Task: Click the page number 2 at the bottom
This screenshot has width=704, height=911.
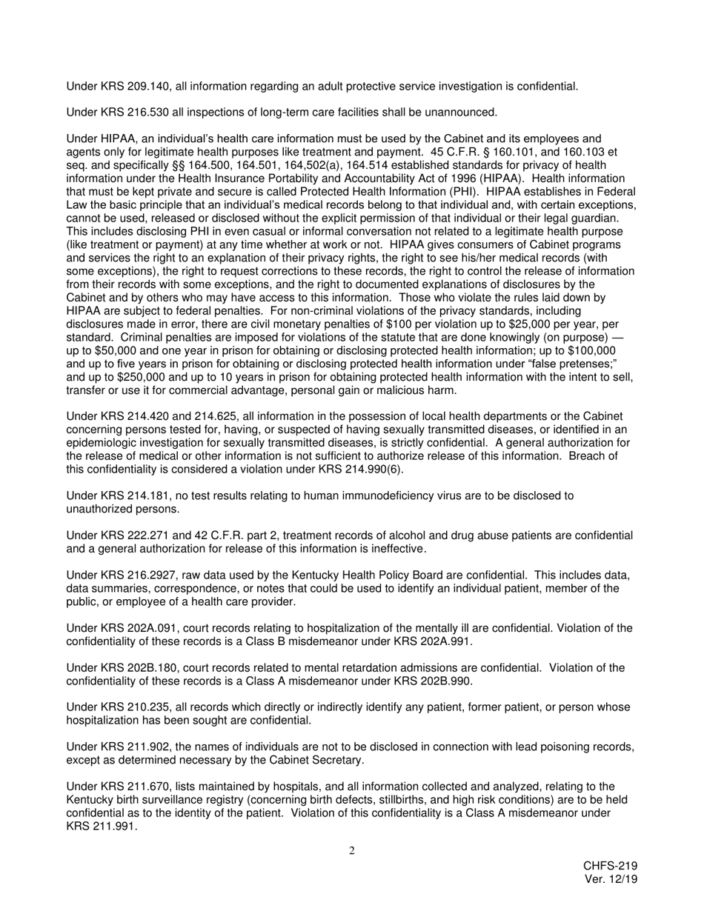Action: pyautogui.click(x=352, y=851)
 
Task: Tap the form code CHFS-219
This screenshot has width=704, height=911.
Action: pyautogui.click(x=610, y=867)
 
